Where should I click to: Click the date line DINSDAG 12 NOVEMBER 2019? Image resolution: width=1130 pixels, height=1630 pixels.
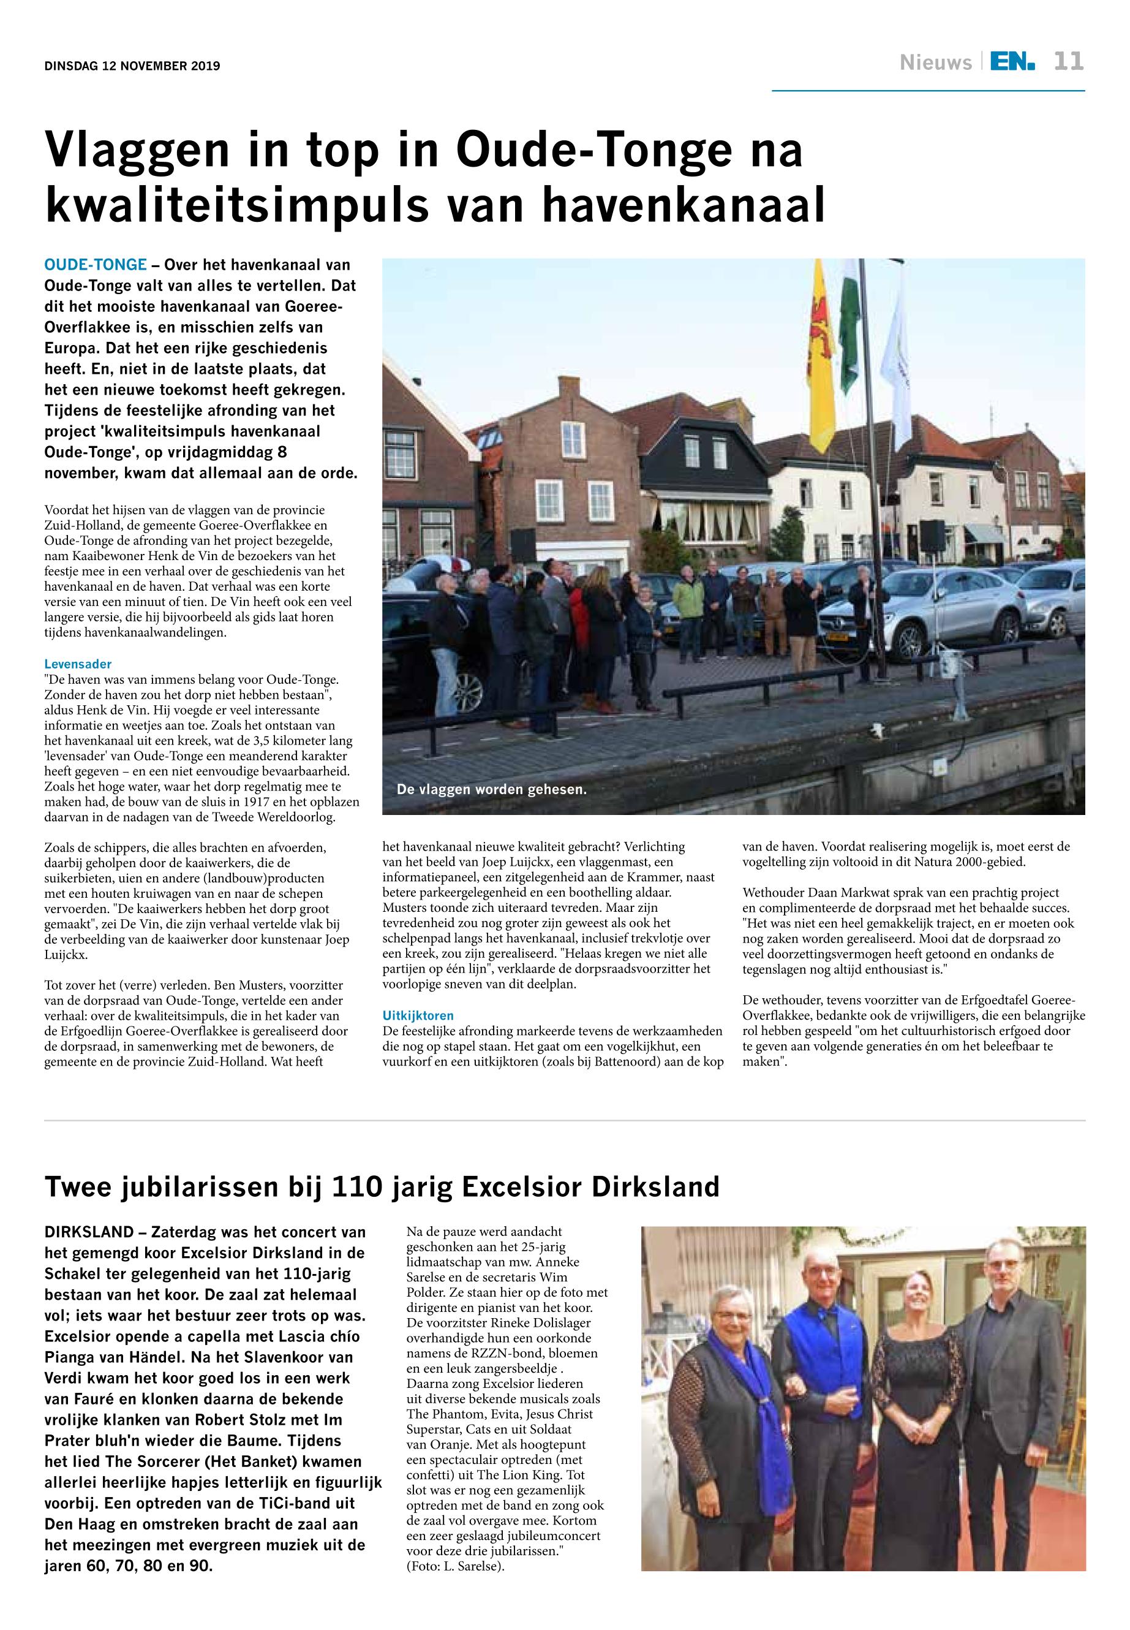tap(132, 67)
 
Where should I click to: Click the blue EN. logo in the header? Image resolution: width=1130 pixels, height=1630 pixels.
tap(1012, 62)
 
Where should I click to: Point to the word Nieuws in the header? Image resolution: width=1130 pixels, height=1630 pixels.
tap(935, 63)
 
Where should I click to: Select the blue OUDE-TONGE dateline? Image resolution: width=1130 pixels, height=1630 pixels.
tap(96, 265)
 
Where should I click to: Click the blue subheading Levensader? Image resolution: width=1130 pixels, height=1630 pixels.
tap(78, 664)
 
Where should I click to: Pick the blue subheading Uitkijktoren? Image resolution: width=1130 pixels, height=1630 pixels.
tap(418, 1016)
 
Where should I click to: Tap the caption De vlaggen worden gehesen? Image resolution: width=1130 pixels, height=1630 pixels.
tap(491, 789)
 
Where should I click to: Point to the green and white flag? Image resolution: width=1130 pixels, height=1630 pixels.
tap(849, 326)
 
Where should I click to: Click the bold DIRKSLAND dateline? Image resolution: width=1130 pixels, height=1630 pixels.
tap(89, 1232)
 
